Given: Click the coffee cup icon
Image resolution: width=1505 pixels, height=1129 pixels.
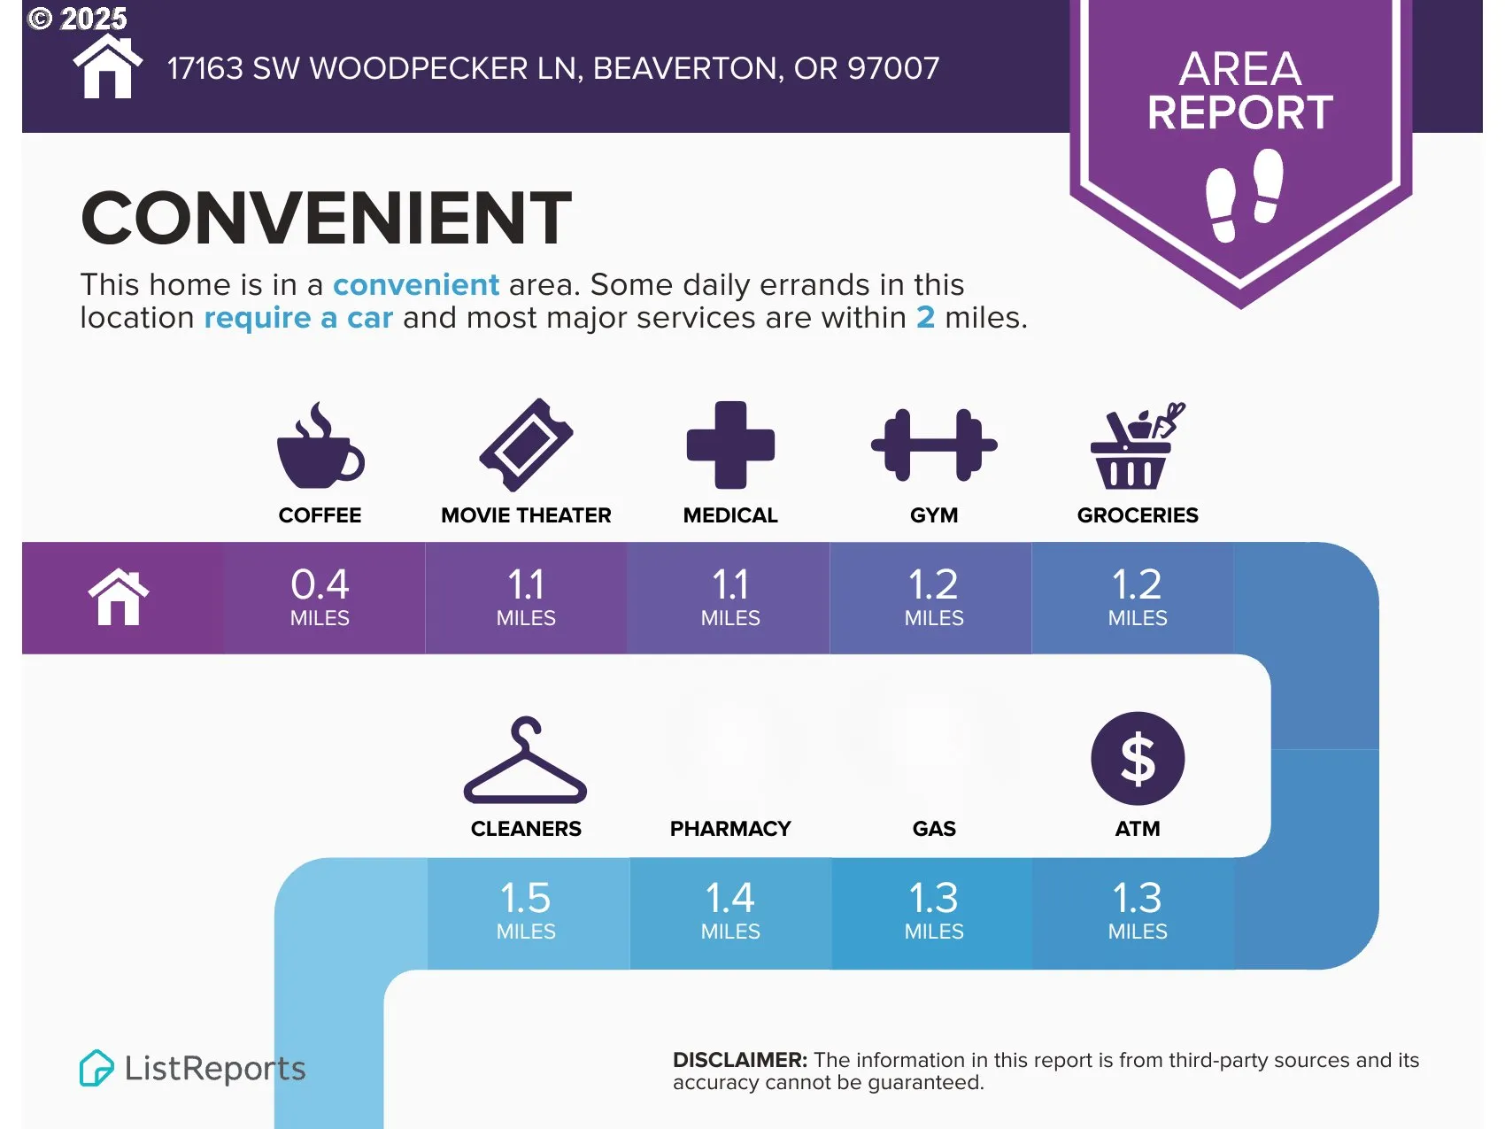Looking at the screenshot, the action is [319, 445].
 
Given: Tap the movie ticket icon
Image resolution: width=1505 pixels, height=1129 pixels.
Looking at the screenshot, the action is [526, 445].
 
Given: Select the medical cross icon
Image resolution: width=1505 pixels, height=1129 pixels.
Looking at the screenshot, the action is [730, 445].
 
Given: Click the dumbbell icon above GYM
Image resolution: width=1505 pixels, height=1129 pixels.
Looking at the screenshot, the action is [934, 445].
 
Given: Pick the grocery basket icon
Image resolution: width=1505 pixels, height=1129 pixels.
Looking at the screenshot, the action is [1137, 445].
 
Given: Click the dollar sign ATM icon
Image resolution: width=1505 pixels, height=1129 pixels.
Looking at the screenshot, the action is [1138, 759].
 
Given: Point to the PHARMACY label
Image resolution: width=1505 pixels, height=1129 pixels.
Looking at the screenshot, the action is [730, 829].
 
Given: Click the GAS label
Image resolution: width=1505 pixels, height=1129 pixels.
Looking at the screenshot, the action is [934, 829].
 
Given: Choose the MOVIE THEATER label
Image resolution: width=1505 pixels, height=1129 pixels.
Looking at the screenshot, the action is [526, 515].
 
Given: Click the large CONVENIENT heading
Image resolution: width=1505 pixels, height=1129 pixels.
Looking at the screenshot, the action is [326, 218].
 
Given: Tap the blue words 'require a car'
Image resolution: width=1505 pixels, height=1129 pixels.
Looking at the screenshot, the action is [298, 318].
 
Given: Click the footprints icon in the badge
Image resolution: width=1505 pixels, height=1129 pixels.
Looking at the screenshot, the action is [1245, 195].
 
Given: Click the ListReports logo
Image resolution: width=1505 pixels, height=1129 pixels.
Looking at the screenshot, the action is [192, 1068].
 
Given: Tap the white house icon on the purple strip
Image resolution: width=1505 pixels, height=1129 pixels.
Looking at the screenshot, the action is [119, 598].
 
